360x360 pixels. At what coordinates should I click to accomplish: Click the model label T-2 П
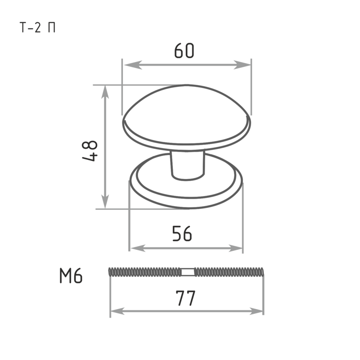38,27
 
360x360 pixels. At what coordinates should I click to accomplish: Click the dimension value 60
184,50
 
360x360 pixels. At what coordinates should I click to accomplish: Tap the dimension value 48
90,151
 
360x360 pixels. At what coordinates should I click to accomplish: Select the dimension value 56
182,234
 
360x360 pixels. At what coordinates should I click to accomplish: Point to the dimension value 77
185,298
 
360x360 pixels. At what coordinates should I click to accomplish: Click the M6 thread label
71,275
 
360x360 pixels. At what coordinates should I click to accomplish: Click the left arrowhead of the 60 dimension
133,65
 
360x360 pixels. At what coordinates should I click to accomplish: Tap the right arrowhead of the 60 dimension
242,65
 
